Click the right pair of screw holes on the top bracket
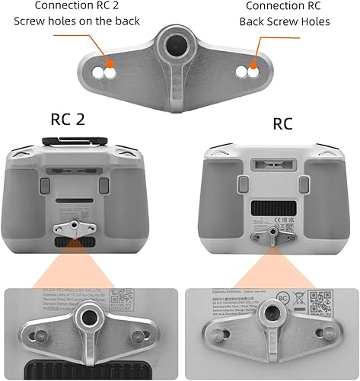[245, 72]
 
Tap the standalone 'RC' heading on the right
[282, 123]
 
